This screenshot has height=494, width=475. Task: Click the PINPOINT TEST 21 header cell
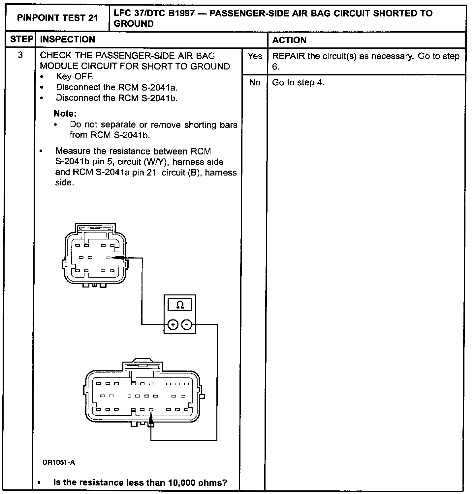tap(57, 18)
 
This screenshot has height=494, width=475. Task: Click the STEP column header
tap(21, 40)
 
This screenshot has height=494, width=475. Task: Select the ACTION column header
tap(289, 40)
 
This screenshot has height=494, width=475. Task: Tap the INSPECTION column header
tap(67, 40)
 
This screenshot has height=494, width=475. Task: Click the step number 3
tap(20, 55)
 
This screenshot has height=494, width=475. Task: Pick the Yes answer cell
tap(255, 56)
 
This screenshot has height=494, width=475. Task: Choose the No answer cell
tap(255, 83)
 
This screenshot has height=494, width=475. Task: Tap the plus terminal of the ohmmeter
tap(173, 325)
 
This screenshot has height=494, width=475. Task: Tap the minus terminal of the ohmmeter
tap(187, 325)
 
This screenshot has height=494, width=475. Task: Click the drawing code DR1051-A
tap(59, 462)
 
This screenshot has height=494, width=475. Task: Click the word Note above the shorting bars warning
tap(65, 114)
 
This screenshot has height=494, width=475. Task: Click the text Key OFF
tap(75, 77)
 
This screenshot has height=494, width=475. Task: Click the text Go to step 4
tap(298, 83)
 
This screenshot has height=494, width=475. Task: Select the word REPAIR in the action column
tap(288, 56)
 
